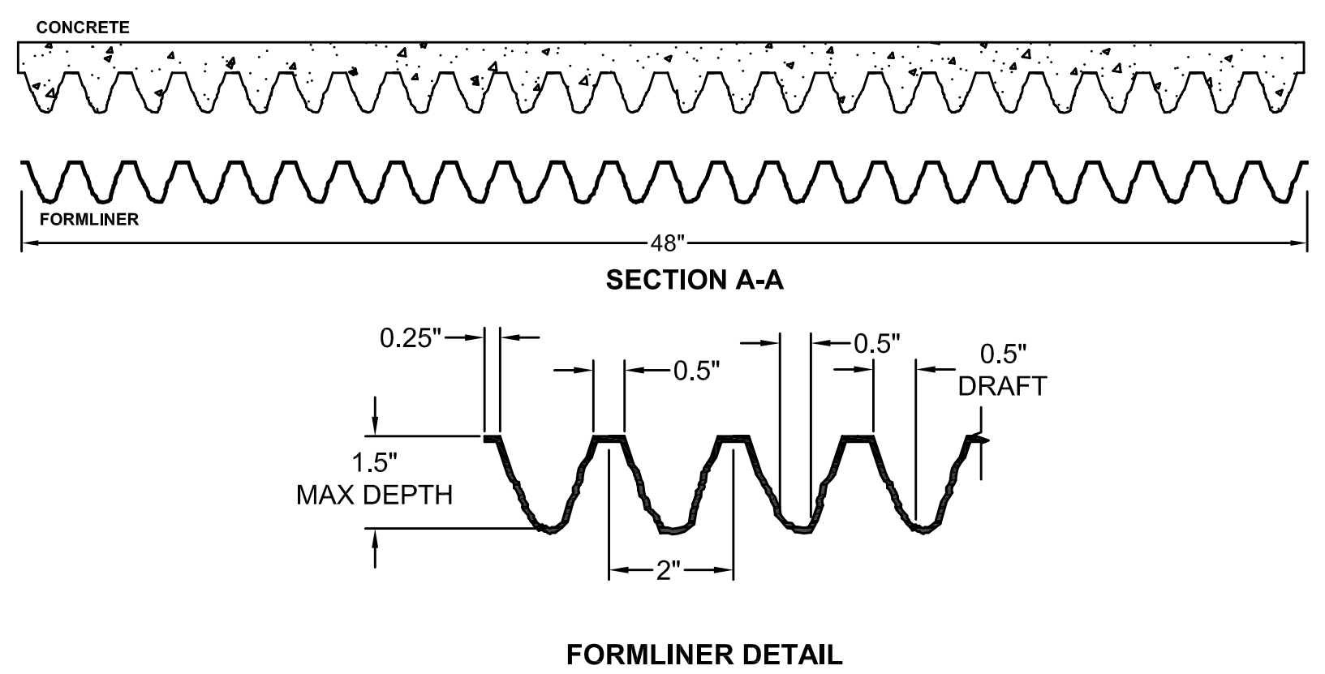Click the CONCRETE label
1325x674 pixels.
tap(82, 28)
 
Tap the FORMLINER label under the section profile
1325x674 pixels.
tap(88, 220)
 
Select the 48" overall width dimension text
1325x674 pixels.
tap(669, 243)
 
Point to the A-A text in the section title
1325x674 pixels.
tap(760, 281)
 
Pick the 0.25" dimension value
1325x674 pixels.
tap(410, 338)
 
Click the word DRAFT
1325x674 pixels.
tap(1002, 386)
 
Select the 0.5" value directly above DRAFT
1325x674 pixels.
tap(1003, 354)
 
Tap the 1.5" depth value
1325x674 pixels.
tap(374, 464)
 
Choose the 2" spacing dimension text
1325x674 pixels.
tap(669, 570)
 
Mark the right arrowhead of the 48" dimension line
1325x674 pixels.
tap(1301, 242)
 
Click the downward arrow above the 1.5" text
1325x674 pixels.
tap(374, 428)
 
